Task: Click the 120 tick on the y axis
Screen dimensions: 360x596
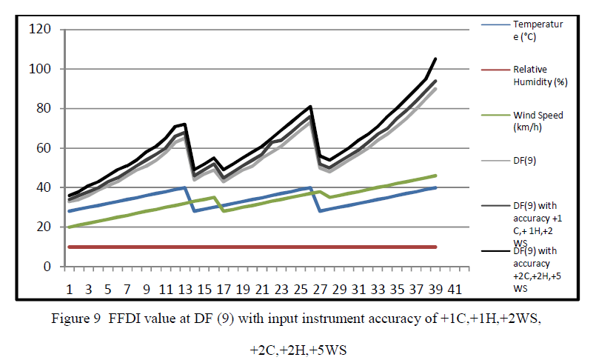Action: (x=40, y=30)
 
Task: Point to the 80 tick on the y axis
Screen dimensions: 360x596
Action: (x=43, y=109)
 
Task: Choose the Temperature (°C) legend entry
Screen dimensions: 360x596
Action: (x=538, y=30)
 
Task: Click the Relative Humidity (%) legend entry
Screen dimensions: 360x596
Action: (x=540, y=76)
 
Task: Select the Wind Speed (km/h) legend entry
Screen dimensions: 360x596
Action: (x=537, y=121)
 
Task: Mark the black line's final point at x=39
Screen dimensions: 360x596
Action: (x=436, y=59)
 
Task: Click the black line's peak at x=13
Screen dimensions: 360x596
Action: (x=184, y=124)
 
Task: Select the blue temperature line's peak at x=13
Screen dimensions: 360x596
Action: (x=184, y=187)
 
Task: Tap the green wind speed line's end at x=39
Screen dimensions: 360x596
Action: (x=436, y=176)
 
